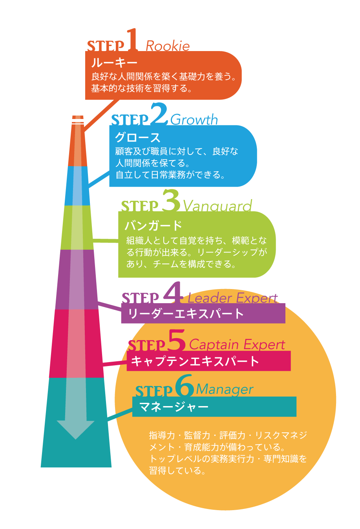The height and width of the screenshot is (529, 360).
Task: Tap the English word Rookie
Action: pos(168,46)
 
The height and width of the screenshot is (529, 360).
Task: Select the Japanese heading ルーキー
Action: pos(114,63)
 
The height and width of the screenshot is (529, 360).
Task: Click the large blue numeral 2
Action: pos(159,114)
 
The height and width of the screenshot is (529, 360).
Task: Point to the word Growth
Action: pos(194,119)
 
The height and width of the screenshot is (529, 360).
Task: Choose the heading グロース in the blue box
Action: pos(137,137)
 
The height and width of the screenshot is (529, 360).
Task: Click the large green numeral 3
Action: pos(170,201)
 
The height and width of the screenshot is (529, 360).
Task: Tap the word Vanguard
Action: pos(217,206)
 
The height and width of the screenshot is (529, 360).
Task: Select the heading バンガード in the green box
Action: pos(154,225)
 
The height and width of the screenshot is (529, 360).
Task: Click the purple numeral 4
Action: pos(172,293)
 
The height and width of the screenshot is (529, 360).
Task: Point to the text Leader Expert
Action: pos(232,298)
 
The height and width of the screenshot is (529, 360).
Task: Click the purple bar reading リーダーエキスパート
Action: pos(203,313)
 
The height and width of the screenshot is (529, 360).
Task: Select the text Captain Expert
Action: pos(237,345)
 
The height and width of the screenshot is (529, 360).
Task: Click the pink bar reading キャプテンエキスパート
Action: pos(208,361)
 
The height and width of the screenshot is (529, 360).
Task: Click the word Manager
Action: pos(224,390)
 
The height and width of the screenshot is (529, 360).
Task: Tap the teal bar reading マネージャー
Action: pos(214,406)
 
